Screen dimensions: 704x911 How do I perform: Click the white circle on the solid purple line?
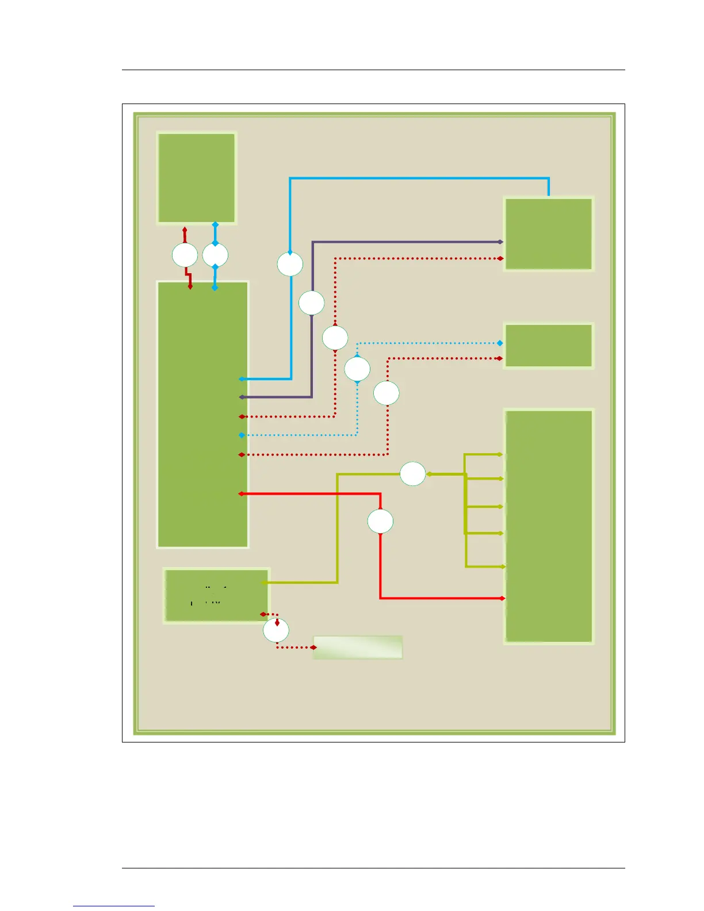click(312, 303)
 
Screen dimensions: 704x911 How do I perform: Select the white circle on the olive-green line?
click(413, 474)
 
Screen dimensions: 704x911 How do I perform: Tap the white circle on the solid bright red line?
click(380, 522)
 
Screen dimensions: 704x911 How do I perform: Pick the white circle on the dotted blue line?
click(357, 369)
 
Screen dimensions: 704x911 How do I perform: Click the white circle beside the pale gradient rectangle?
click(276, 630)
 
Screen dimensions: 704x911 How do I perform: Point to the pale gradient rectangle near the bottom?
click(357, 647)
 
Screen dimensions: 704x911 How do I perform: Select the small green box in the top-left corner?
click(197, 178)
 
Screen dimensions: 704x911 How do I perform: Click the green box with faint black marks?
click(216, 596)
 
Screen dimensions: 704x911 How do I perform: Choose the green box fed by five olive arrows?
click(549, 526)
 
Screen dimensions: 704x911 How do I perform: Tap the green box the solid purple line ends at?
click(549, 234)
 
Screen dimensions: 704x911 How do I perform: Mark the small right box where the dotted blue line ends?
click(549, 345)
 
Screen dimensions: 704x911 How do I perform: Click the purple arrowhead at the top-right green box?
click(500, 242)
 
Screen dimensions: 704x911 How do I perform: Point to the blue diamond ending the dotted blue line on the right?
click(500, 343)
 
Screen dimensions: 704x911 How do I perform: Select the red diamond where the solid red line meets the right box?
click(503, 599)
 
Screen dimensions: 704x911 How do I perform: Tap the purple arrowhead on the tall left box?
click(242, 397)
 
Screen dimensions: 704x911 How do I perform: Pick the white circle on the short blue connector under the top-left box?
click(215, 255)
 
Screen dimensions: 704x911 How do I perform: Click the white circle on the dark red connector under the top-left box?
click(185, 255)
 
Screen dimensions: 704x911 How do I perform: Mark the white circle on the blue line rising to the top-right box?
click(290, 264)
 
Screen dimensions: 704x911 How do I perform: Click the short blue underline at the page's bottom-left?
click(114, 905)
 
